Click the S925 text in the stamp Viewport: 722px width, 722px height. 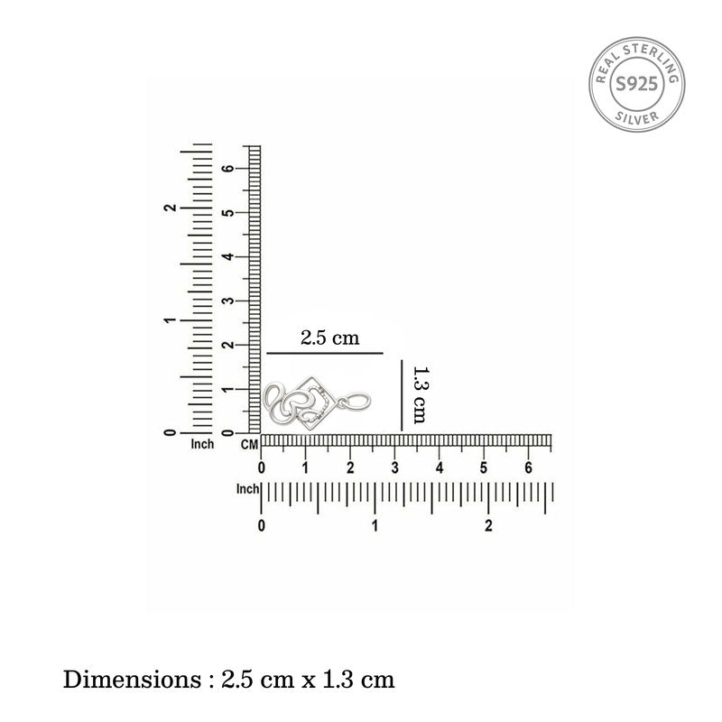[x=637, y=84]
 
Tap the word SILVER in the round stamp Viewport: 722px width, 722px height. [x=637, y=117]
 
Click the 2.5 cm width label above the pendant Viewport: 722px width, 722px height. [x=329, y=338]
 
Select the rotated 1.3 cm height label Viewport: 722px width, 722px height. [x=420, y=394]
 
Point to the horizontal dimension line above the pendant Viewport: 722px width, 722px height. [x=325, y=353]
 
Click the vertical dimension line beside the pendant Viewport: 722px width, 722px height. [x=402, y=395]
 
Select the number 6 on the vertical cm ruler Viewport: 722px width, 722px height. [x=227, y=169]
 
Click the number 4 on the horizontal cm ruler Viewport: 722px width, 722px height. [x=440, y=468]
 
